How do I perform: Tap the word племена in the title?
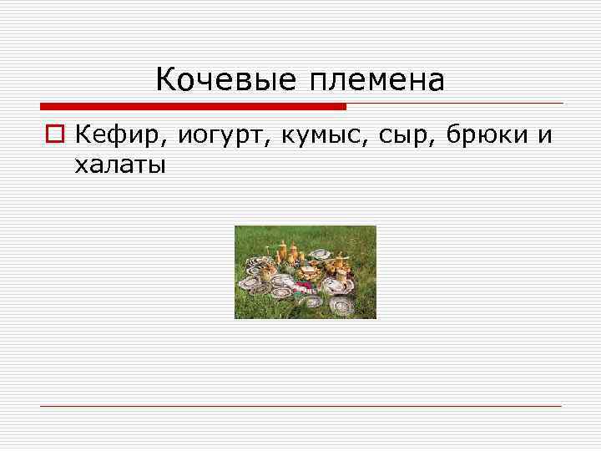[376, 82]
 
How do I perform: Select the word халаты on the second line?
[120, 165]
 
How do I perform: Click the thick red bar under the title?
[193, 106]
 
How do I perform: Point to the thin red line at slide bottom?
[300, 406]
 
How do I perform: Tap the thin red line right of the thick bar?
[455, 104]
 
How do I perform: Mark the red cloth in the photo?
[306, 284]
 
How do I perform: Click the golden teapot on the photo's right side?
[341, 266]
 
